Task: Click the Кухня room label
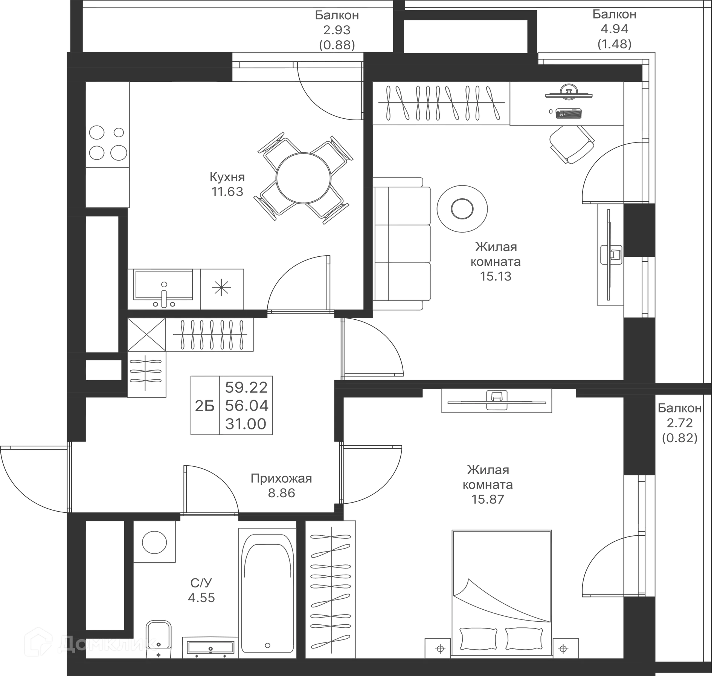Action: tap(227, 176)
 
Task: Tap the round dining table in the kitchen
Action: tap(304, 177)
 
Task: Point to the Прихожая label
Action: tap(281, 479)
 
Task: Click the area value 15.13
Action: tap(495, 276)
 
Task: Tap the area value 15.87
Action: tap(487, 499)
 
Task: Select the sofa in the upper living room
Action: tap(402, 243)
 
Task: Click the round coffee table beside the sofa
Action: tap(462, 208)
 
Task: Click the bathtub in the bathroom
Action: tap(267, 592)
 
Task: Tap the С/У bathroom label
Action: tap(201, 583)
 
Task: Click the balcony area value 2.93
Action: tap(337, 30)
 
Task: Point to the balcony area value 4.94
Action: tap(614, 29)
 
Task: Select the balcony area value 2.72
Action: tap(680, 423)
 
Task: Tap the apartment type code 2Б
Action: tap(204, 406)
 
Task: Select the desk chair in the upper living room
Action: tap(572, 144)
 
